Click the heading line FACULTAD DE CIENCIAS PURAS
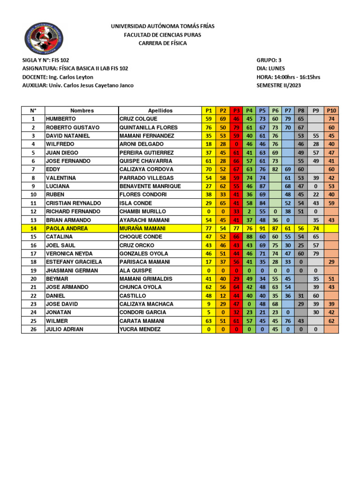coord(163,35)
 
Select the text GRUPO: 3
coord(269,60)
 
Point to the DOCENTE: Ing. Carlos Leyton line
coord(58,77)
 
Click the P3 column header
coord(236,111)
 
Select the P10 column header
coord(332,111)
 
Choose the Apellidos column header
coord(160,111)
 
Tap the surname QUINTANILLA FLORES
coord(149,127)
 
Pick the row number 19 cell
coord(33,270)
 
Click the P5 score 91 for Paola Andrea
coord(262,228)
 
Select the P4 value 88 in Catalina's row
coord(249,237)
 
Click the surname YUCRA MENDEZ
coord(140,329)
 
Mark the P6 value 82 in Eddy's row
coord(275,169)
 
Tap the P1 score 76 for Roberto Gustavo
coord(209,127)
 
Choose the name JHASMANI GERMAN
coord(72,270)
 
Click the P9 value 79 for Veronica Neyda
coord(316,254)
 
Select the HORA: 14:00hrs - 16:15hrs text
coord(288,77)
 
